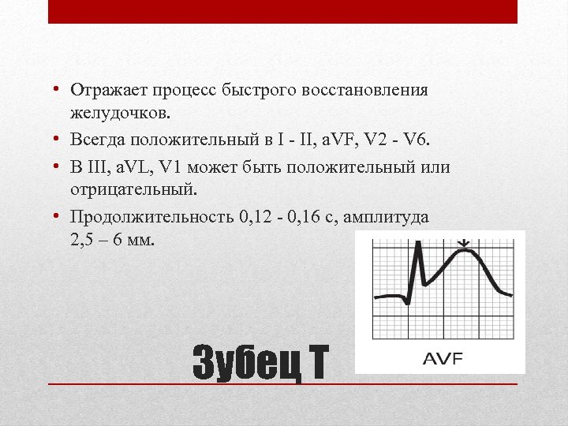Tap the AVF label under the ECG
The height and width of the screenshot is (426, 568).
443,359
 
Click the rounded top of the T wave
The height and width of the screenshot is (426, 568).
466,253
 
